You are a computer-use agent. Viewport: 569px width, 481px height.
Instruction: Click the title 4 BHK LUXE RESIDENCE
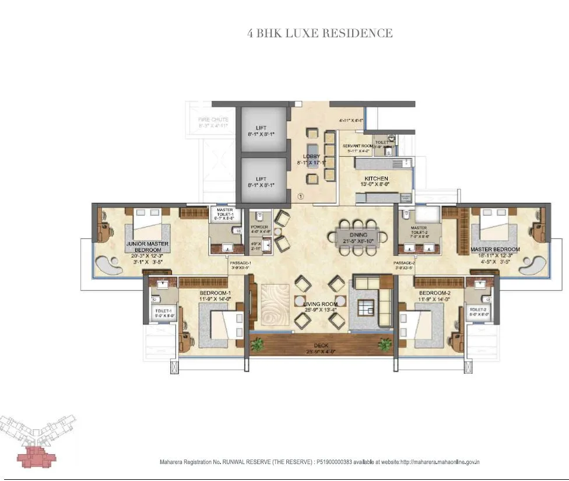point(320,34)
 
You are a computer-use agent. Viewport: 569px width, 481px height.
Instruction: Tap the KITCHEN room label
point(376,178)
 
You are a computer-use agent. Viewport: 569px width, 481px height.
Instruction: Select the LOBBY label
point(311,156)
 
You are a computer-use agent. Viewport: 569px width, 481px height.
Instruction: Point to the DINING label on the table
point(359,235)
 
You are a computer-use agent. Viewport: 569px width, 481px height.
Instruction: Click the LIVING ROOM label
point(321,304)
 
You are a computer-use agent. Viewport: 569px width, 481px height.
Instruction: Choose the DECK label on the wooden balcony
point(321,345)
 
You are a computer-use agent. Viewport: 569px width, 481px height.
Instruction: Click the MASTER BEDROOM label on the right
point(495,250)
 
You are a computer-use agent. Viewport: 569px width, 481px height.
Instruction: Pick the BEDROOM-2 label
point(431,293)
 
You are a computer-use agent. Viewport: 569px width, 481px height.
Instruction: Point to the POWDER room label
point(258,228)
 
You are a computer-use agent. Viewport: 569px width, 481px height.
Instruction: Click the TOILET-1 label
point(163,311)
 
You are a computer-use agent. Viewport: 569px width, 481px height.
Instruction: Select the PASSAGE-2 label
point(403,264)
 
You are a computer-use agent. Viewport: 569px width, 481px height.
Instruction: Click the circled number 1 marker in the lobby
point(301,196)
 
